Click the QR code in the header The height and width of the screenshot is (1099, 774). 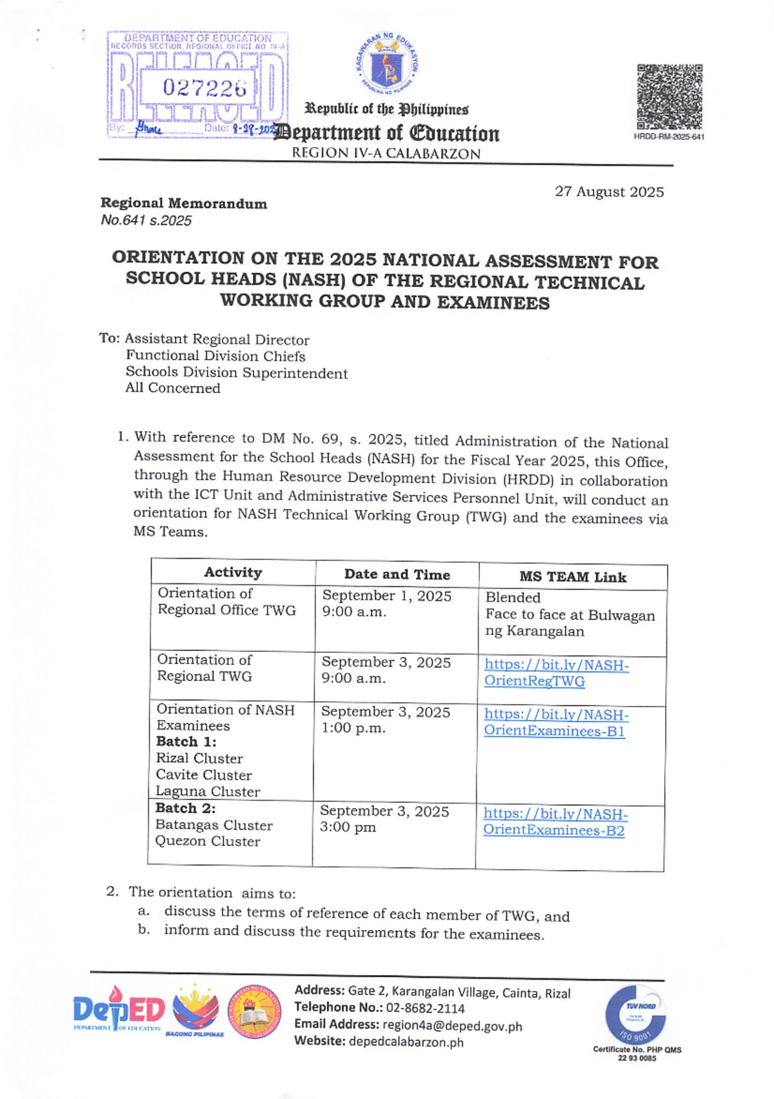[669, 97]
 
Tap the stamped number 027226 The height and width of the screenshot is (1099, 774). [204, 88]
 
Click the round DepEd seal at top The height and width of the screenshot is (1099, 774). [388, 64]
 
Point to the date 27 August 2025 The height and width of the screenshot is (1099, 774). [609, 192]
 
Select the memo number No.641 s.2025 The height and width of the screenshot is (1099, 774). [146, 221]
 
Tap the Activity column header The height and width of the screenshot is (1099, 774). [233, 572]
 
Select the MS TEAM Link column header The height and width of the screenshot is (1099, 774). [573, 577]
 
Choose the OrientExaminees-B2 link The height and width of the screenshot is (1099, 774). [555, 822]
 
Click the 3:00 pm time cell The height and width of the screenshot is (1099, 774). [348, 827]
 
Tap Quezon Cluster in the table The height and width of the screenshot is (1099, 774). [208, 842]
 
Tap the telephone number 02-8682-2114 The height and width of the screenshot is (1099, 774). [424, 1008]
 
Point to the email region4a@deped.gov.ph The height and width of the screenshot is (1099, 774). [451, 1025]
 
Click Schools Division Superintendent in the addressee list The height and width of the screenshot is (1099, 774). [236, 373]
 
